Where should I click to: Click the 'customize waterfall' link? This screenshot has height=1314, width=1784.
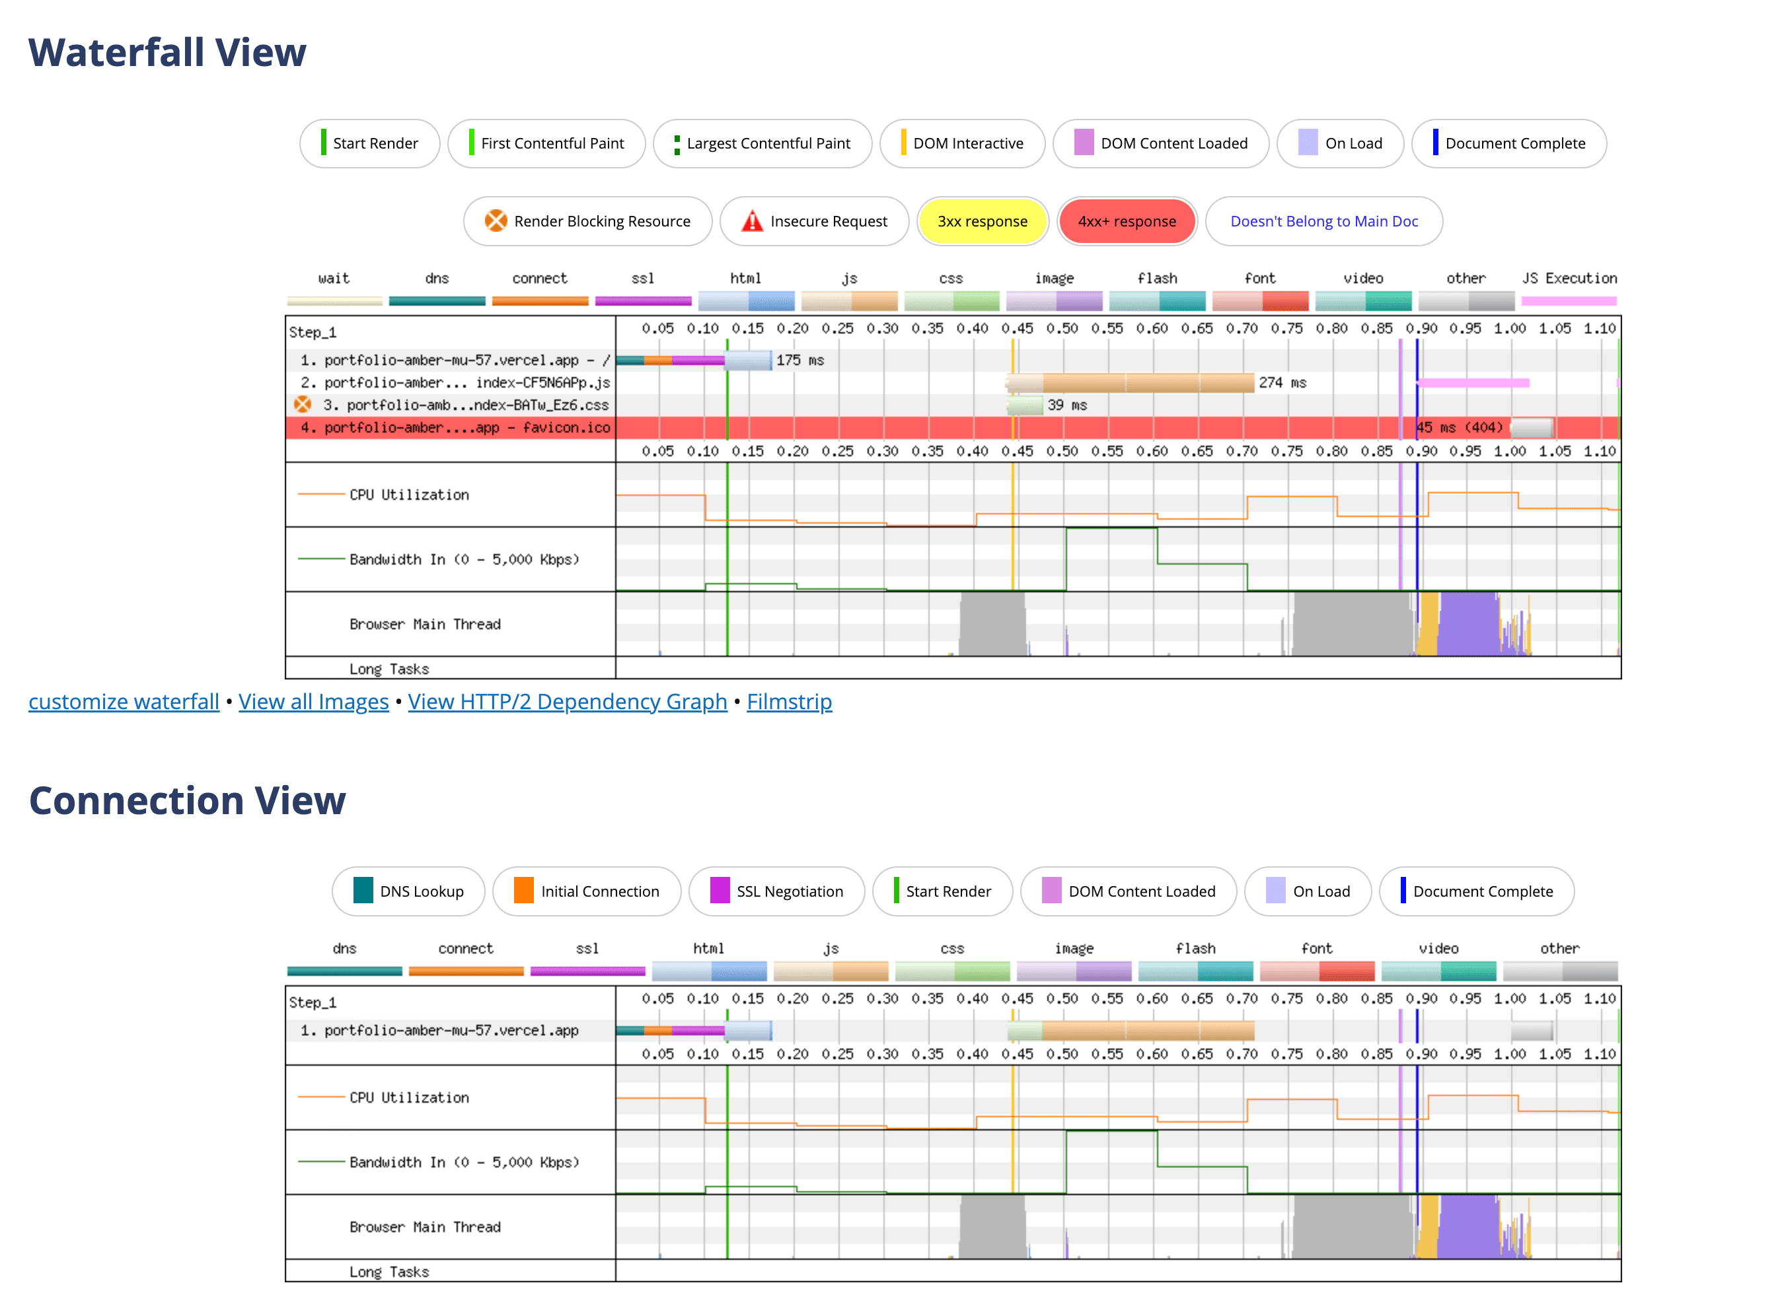124,703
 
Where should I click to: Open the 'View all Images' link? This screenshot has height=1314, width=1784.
313,703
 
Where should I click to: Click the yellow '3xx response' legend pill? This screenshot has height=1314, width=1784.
982,222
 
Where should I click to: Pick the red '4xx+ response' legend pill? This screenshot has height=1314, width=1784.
1126,222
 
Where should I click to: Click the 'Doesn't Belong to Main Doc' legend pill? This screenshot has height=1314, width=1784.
1323,222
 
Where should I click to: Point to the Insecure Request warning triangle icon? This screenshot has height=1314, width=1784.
751,221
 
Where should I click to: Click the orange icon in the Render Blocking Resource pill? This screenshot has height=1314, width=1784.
496,221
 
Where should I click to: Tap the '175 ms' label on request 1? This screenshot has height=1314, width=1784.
799,361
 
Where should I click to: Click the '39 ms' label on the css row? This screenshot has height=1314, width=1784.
1066,405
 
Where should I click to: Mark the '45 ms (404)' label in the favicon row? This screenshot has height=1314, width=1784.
1460,428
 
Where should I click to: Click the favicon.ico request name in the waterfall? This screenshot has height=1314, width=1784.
466,428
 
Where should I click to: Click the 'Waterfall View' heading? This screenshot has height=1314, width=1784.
167,53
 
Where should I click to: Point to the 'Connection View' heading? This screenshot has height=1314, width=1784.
187,800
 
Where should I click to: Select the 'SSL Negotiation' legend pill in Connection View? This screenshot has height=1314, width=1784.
776,891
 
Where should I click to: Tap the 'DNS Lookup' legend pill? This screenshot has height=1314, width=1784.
408,891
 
